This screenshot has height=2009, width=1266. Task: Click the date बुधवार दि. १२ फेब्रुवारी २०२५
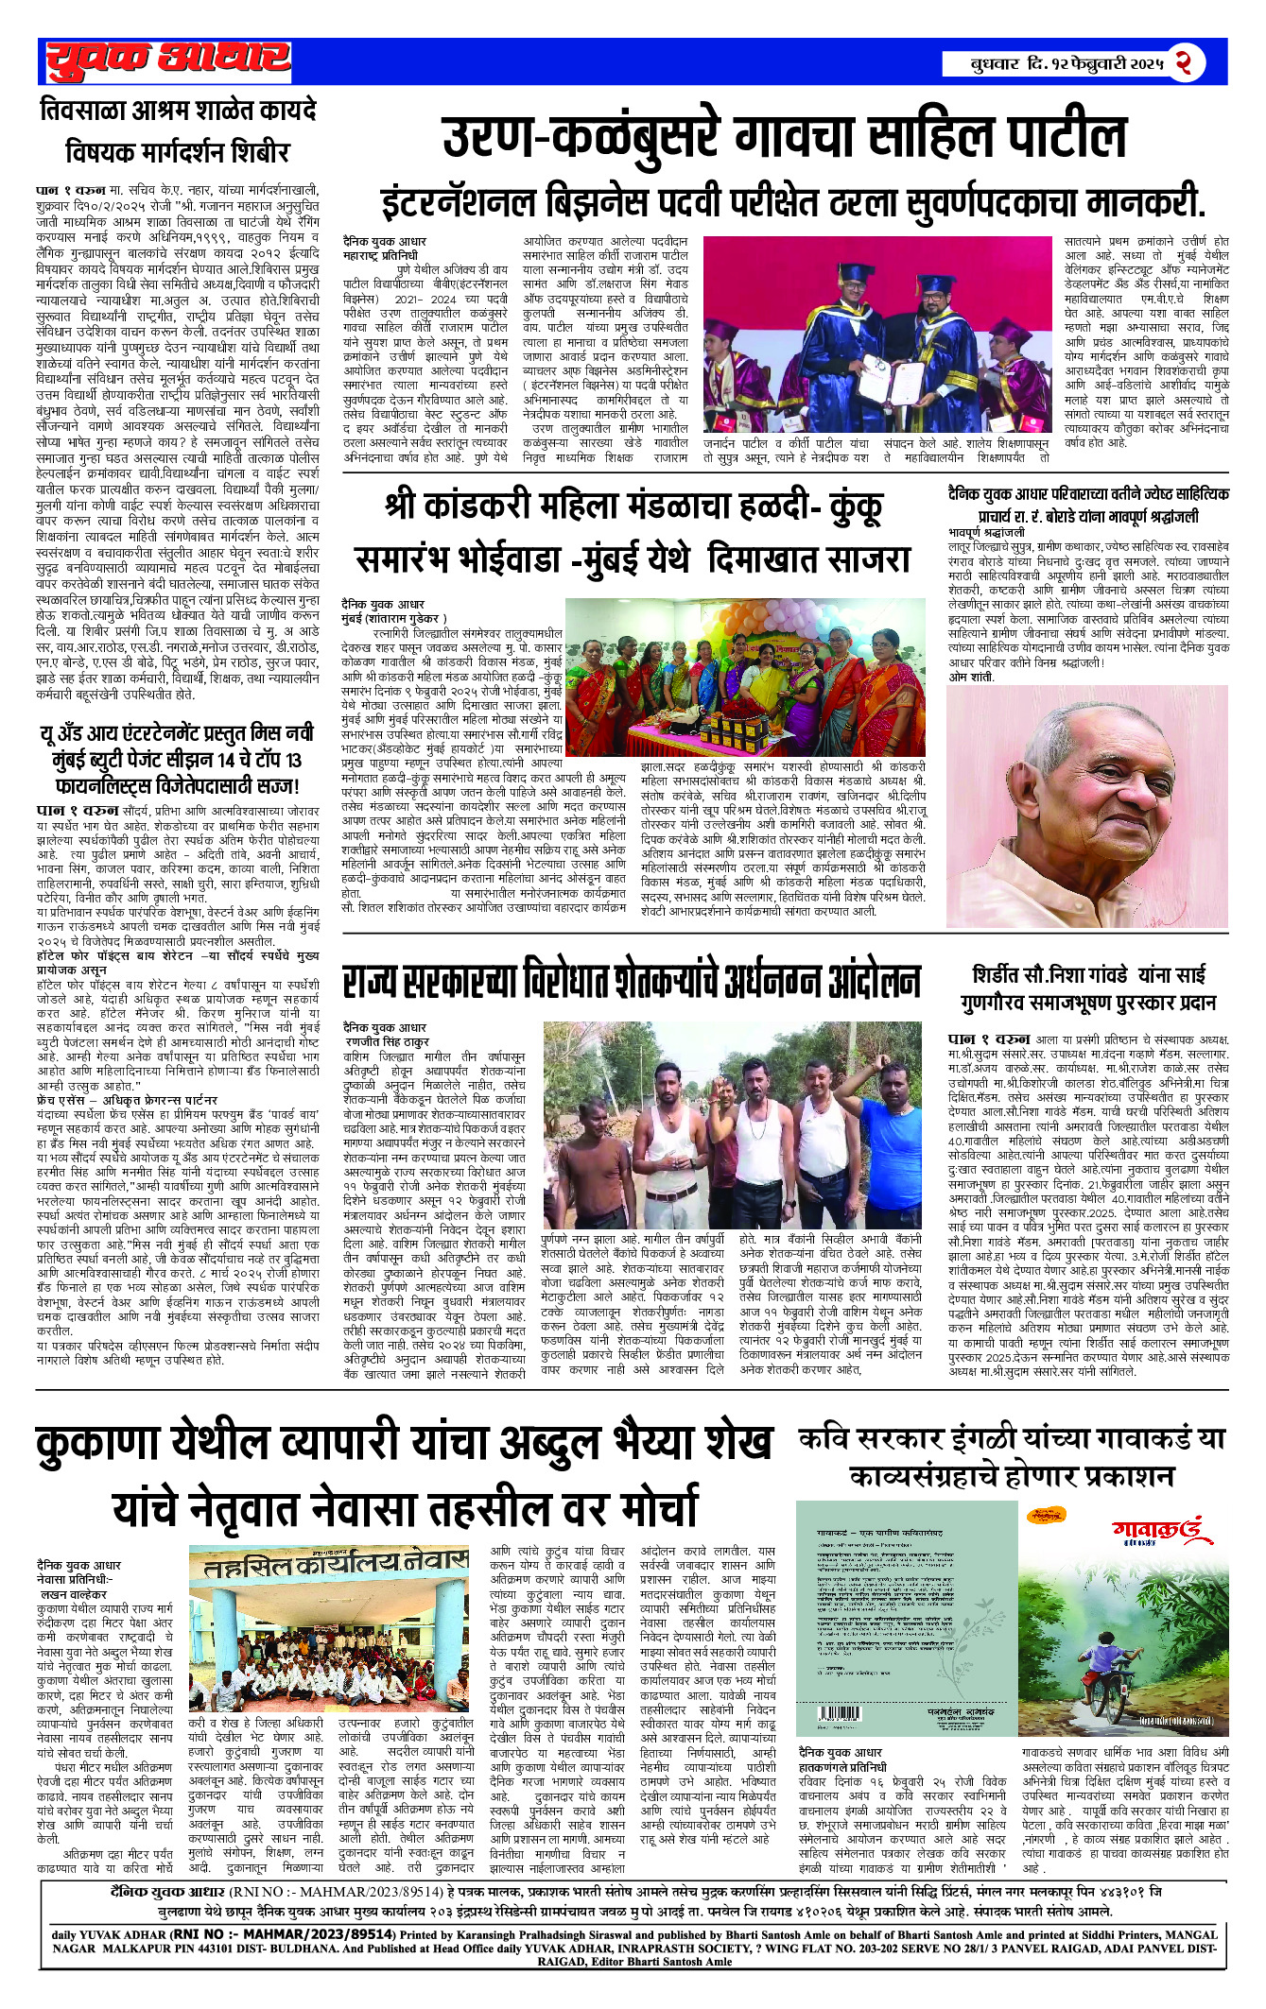coord(1067,64)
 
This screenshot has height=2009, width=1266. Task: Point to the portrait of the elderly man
coord(1087,806)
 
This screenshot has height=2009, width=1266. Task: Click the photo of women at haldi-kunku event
coord(744,677)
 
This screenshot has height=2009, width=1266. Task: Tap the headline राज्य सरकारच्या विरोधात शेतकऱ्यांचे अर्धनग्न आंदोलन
coord(631,981)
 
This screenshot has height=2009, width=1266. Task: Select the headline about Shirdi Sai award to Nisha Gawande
coord(1093,987)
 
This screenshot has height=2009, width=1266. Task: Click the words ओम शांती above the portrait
coord(970,677)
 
